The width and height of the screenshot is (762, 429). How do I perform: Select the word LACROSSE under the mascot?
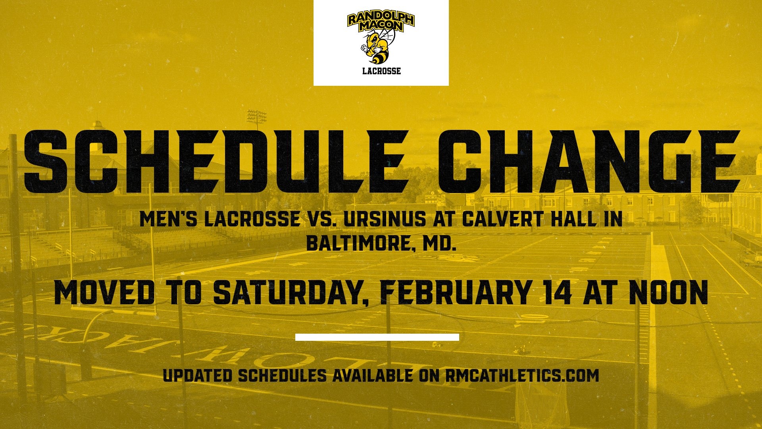tap(381, 71)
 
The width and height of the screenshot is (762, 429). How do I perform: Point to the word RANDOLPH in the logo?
tap(381, 19)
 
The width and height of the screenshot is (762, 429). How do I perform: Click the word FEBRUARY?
tap(455, 293)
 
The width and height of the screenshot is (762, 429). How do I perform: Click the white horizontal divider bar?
tap(377, 337)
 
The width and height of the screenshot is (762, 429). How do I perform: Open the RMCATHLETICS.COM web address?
tap(522, 375)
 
